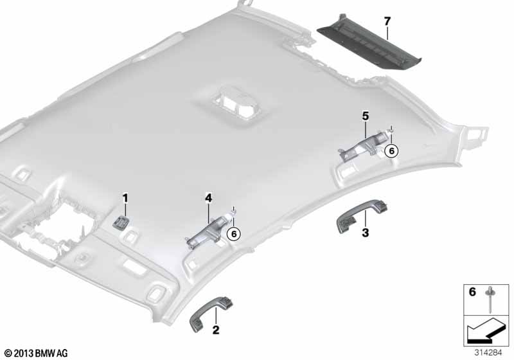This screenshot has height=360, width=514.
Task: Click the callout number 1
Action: coord(125,199)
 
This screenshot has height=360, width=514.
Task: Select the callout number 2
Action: coord(216,330)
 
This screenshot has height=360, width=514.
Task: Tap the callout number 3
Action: coord(365,233)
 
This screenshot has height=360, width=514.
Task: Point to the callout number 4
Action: coord(208,198)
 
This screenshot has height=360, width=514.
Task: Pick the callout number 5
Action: coord(365,116)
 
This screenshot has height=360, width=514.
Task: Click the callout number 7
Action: coord(387,22)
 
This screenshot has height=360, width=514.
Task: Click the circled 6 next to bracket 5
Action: coord(391,151)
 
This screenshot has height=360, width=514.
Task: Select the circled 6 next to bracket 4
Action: coord(234,234)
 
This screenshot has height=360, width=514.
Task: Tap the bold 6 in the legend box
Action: coord(472,291)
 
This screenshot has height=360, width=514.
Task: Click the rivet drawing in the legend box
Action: coord(490,299)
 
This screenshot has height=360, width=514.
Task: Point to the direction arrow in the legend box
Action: coord(486,330)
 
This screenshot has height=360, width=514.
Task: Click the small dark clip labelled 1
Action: coord(120,222)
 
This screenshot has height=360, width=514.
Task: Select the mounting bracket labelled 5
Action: coord(364,144)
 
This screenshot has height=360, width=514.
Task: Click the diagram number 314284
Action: coord(488,353)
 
